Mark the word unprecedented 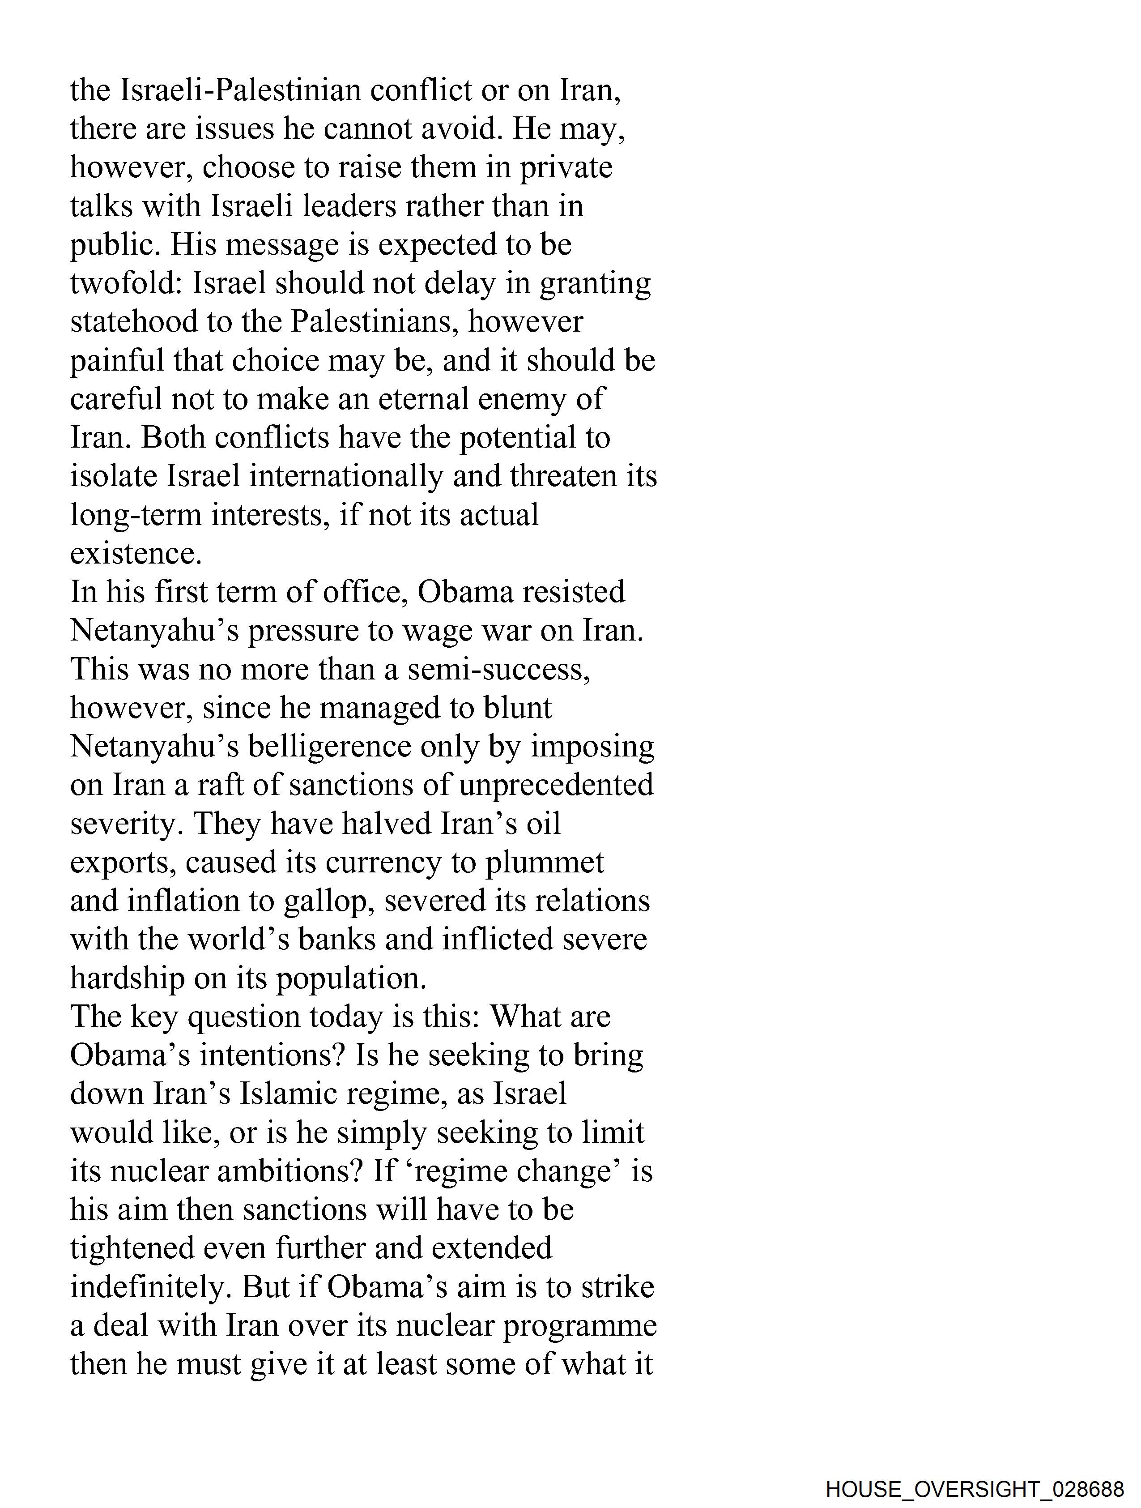pyautogui.click(x=555, y=786)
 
